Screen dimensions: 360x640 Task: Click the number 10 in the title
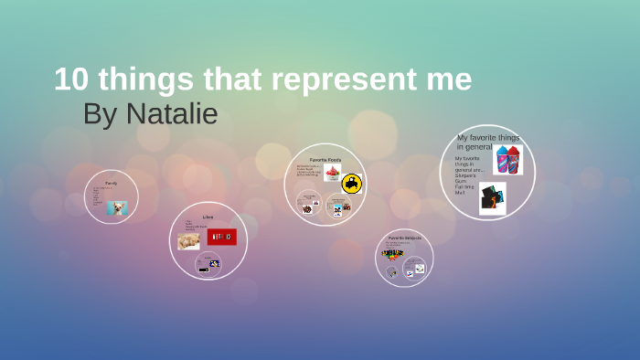tap(72, 79)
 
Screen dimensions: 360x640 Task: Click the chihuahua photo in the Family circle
tap(117, 208)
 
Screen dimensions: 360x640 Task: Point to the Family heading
tap(111, 184)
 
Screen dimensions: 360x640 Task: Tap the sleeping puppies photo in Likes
tap(189, 240)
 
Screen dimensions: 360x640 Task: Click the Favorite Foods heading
tap(325, 160)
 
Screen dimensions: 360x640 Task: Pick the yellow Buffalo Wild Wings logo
tap(352, 184)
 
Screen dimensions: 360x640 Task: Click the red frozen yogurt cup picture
tap(331, 174)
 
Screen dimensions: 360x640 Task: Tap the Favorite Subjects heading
tap(404, 238)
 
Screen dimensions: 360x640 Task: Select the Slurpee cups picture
tap(507, 160)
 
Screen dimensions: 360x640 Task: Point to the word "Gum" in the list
tap(460, 181)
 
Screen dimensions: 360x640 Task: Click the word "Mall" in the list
tap(460, 193)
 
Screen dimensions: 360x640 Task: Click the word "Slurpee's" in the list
tap(466, 175)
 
